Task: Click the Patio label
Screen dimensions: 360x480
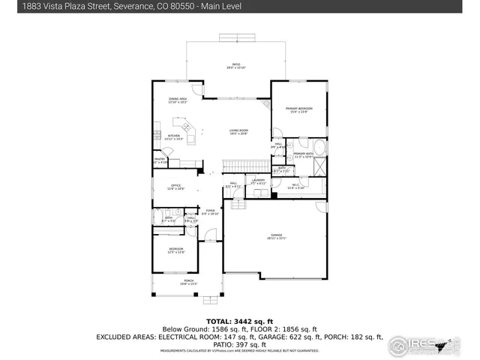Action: coord(236,66)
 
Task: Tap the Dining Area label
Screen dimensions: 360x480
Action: coord(178,100)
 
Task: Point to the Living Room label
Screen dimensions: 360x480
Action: coord(238,132)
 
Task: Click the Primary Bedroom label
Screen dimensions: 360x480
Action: coord(298,110)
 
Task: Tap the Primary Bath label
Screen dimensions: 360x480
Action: coord(304,154)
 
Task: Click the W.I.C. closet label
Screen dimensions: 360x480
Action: coord(295,187)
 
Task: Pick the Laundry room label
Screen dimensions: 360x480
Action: coord(258,181)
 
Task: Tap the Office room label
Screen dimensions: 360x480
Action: coord(175,187)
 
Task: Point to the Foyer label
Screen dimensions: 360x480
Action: coord(210,212)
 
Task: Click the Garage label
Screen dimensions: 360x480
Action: coord(275,237)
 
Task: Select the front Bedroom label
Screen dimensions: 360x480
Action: coord(175,250)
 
